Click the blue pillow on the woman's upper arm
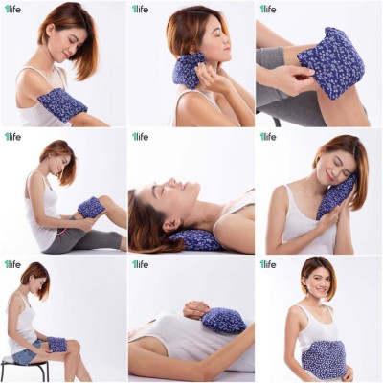click(x=62, y=104)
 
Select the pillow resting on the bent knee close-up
click(x=331, y=62)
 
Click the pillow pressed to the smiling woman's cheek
click(x=335, y=195)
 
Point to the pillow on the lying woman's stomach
click(x=223, y=320)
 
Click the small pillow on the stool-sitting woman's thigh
click(x=57, y=344)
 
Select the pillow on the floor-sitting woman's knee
click(x=92, y=207)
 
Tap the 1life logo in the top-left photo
click(x=12, y=10)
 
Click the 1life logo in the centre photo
click(x=140, y=136)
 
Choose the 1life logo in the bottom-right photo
click(x=267, y=264)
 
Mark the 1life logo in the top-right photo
click(x=267, y=10)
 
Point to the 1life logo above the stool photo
click(x=12, y=264)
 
